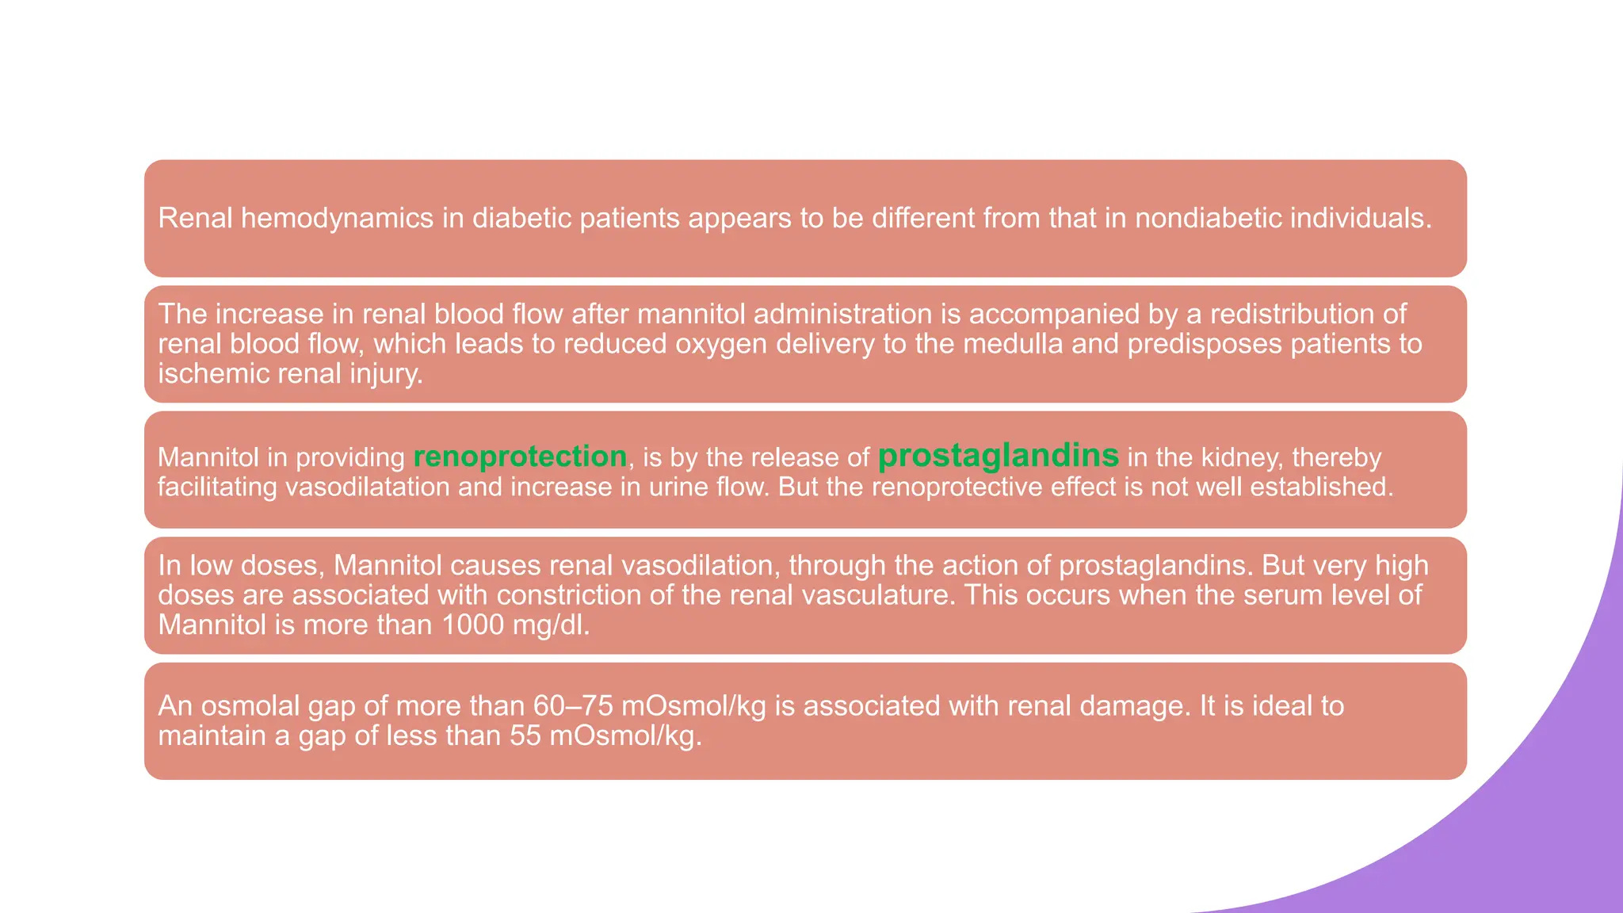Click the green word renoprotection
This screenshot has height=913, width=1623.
point(520,457)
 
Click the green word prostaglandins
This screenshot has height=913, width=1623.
point(998,456)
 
